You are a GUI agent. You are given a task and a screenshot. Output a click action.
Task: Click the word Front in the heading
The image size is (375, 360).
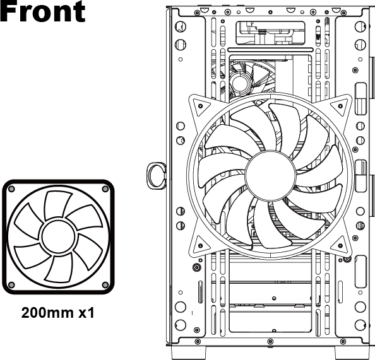[42, 11]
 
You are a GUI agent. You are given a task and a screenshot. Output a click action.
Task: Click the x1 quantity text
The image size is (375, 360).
[86, 313]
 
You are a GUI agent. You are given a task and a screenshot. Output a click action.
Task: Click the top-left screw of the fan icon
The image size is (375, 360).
[11, 189]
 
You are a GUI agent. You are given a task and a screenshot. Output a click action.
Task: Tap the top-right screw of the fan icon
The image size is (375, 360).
[105, 189]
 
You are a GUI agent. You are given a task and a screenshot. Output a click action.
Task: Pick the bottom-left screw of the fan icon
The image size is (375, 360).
[11, 285]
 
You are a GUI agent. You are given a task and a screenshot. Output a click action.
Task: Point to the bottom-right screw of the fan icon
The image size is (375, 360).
[105, 285]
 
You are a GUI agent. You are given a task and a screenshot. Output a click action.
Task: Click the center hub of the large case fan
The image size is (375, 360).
[270, 175]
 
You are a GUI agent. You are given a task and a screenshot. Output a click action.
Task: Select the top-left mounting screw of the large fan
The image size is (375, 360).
[200, 106]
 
